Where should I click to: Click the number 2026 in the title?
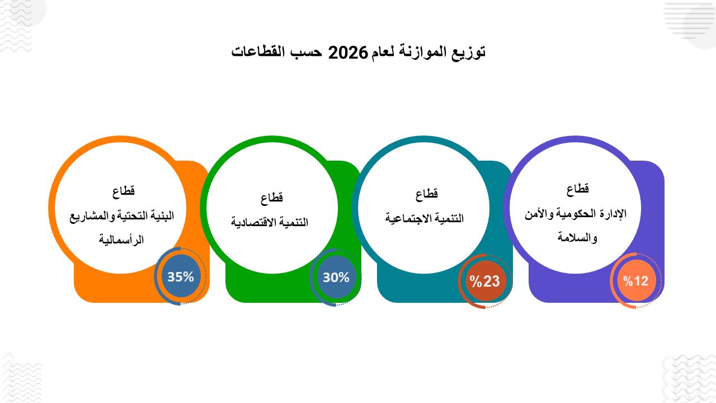pos(348,53)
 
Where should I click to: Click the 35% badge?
pos(181,277)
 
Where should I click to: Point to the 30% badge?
pos(336,277)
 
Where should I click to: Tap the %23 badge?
pos(485,282)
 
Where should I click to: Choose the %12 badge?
pos(636,281)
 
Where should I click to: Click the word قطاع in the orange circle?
pos(124,191)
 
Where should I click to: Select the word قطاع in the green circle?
pos(272,198)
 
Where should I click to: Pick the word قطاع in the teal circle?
pos(426,194)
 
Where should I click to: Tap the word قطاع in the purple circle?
pos(578,189)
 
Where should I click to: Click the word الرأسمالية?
pos(121,239)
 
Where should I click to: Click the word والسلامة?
pos(577,237)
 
